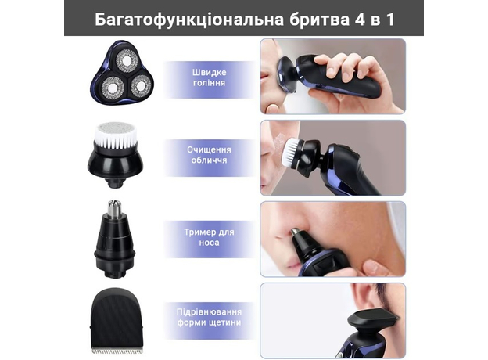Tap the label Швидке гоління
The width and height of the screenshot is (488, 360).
(210, 79)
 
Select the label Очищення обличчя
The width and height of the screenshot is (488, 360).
(210, 153)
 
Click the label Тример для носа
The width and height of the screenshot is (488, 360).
(210, 236)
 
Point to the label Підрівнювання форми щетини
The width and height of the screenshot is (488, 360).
(210, 317)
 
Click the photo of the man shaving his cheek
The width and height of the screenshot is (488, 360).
(332, 76)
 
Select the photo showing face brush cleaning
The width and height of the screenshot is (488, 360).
(332, 157)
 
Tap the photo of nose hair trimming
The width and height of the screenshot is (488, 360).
(332, 238)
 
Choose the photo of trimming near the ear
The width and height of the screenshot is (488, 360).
(332, 319)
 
